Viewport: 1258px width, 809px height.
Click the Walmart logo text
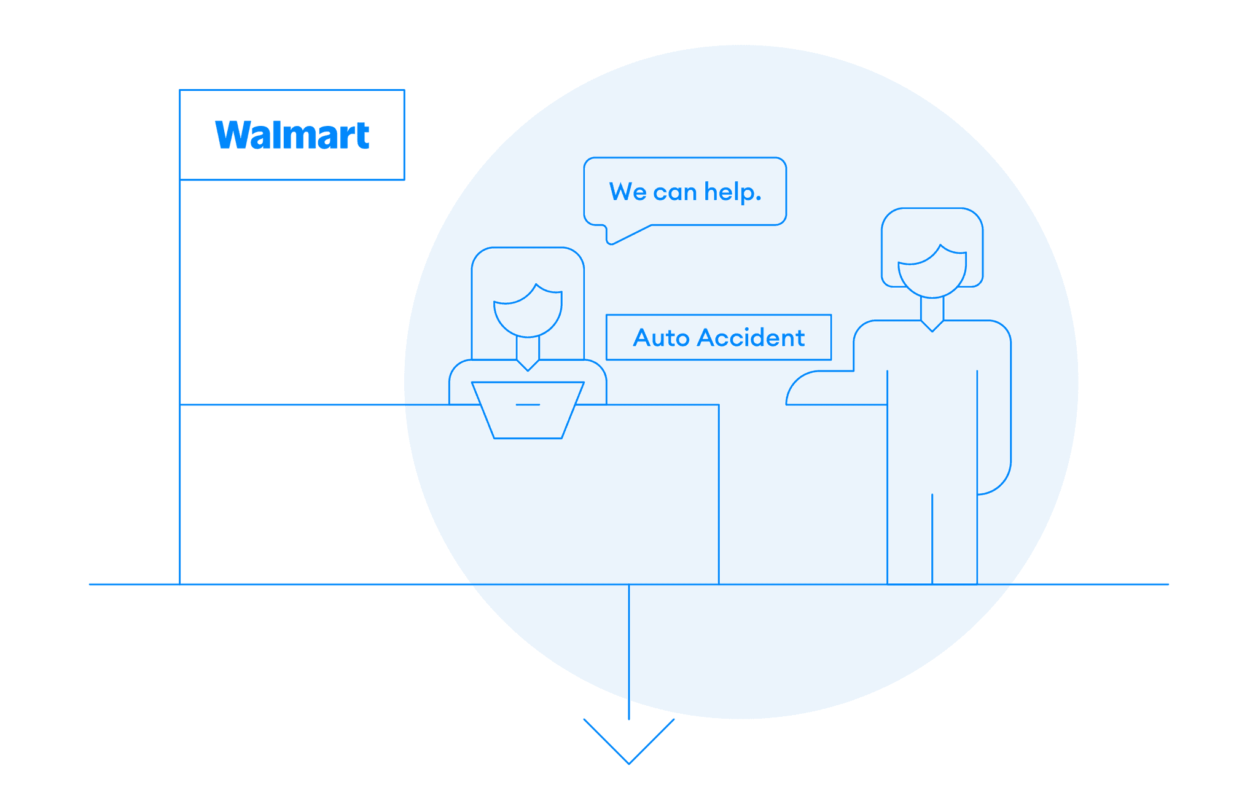point(292,135)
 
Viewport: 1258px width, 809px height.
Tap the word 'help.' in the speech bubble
point(733,192)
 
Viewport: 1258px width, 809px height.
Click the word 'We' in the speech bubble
point(627,192)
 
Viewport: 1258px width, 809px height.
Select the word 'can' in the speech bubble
point(674,193)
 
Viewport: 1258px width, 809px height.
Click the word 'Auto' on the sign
point(661,338)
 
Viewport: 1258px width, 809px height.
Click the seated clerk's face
point(528,313)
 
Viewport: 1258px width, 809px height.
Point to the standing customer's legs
point(932,541)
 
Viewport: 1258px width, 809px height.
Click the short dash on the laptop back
point(528,405)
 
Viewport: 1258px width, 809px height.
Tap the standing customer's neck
point(932,309)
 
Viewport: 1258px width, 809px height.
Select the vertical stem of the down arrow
point(629,651)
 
